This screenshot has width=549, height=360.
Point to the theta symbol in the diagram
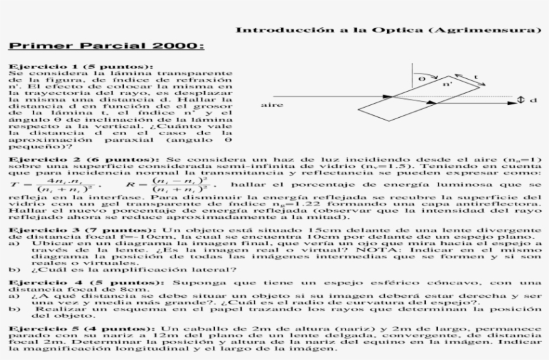pos(421,78)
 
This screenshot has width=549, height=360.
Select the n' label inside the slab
pos(447,84)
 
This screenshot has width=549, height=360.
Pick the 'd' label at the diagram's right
pos(534,100)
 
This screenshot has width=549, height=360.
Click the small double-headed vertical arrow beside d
pos(522,100)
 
